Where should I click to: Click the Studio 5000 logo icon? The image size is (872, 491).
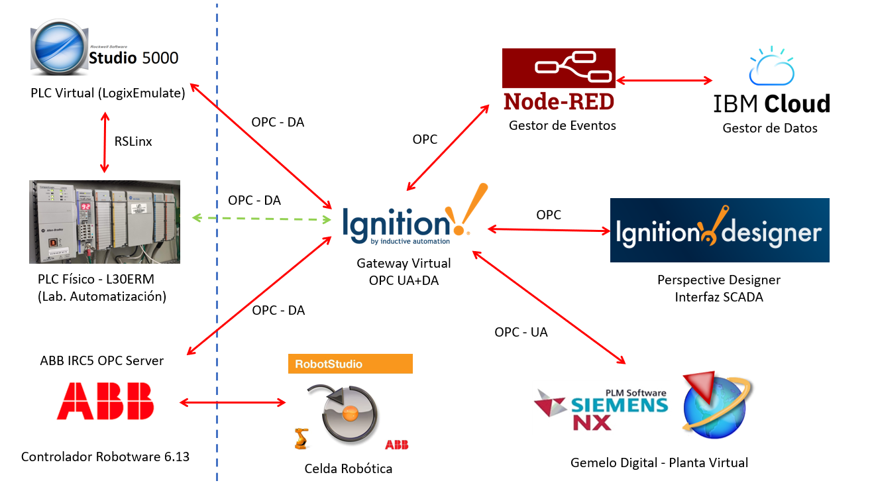coord(60,51)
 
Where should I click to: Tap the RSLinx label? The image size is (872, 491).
coord(133,140)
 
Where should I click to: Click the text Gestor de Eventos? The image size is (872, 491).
coord(562,125)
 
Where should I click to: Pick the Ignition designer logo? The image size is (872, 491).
coord(719,231)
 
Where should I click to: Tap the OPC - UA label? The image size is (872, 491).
coord(521,332)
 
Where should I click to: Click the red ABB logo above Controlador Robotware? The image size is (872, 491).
coord(105,402)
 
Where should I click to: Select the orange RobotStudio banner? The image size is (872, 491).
coord(350,364)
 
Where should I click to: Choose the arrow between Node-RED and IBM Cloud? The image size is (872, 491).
coord(664,81)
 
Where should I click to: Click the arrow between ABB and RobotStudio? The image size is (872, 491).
coord(232,402)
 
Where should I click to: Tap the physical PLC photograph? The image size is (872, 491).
coord(105,221)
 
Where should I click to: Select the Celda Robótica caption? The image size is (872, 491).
coord(348,468)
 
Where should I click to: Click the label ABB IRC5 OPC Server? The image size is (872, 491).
coord(102,360)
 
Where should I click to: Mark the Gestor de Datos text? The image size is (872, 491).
coord(769,128)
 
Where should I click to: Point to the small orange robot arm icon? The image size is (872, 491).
coord(301,438)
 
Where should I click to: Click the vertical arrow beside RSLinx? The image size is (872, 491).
coord(104,141)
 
